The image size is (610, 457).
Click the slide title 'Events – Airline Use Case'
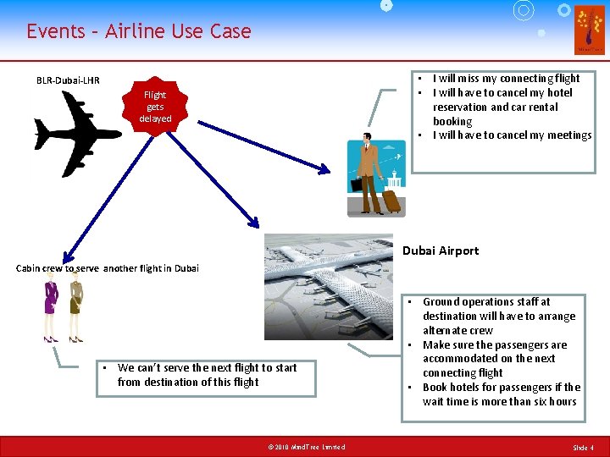point(138,31)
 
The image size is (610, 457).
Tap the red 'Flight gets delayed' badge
point(156,107)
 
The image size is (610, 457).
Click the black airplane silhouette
point(76,133)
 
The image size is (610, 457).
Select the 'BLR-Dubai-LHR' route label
point(68,80)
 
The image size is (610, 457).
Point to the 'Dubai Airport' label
point(441,251)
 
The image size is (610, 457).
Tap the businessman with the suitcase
point(368,173)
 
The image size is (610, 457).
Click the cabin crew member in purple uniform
point(49,310)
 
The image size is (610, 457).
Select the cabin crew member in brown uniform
point(76,310)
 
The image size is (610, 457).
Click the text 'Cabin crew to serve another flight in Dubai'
point(108,268)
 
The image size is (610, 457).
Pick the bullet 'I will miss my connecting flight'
point(506,79)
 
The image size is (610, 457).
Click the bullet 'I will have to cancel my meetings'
point(512,135)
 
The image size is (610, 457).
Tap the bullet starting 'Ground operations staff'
point(498,316)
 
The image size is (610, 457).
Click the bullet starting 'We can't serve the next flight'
point(207,375)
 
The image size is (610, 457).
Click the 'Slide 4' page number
point(583,447)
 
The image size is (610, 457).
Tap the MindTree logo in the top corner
point(589,30)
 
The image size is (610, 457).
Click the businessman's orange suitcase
point(391,201)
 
